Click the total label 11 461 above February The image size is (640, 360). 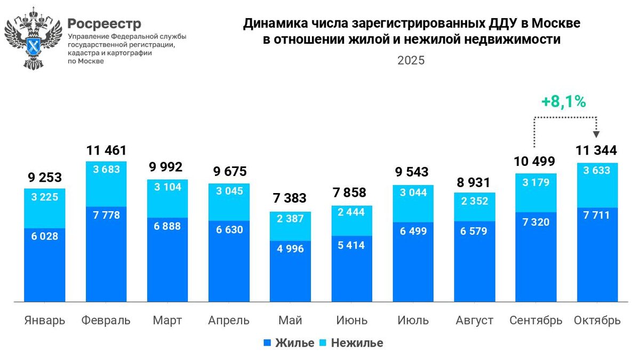(x=106, y=150)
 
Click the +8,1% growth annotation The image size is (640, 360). (x=564, y=101)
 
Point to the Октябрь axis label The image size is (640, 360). (x=597, y=321)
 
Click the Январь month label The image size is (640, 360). (x=45, y=321)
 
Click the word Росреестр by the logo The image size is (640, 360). (x=105, y=23)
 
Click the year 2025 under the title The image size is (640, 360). (x=411, y=60)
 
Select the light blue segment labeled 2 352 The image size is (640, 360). (x=474, y=201)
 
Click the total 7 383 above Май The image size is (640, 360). (x=290, y=198)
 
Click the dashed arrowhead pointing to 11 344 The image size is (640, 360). (x=597, y=134)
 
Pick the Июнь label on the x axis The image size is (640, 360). (x=351, y=321)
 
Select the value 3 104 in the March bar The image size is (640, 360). (x=167, y=187)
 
